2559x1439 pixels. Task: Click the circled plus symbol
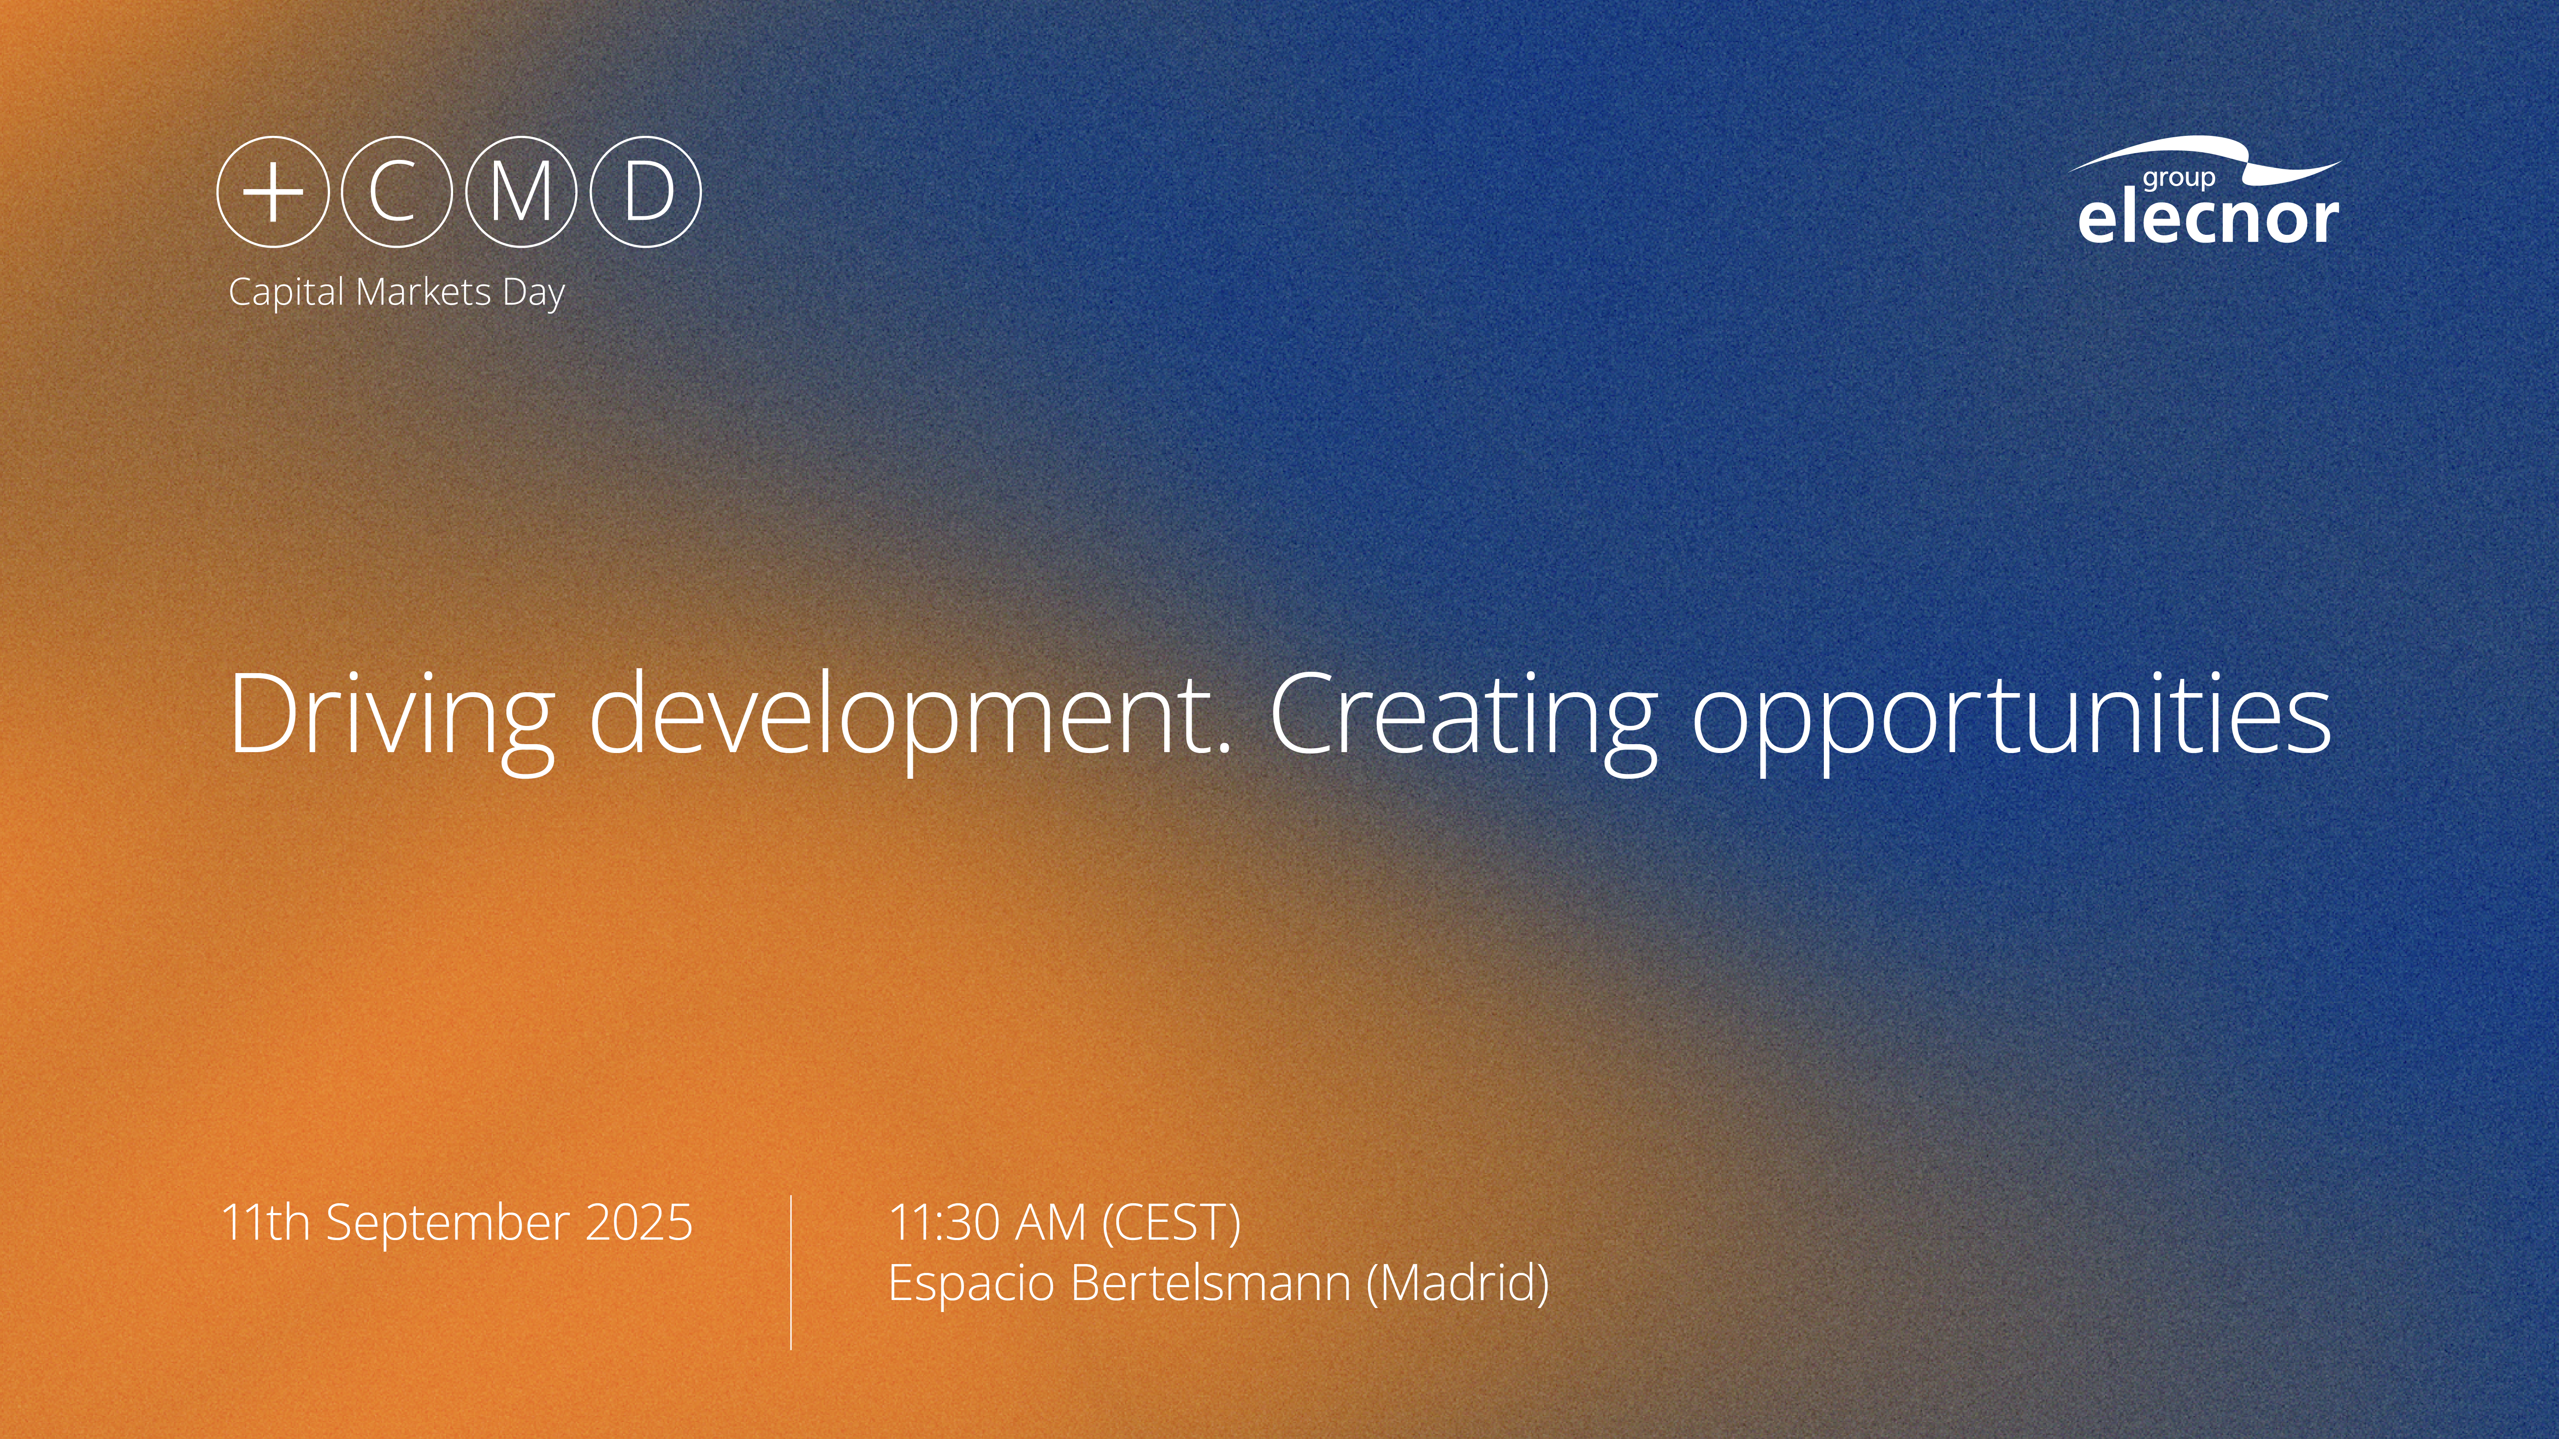click(x=272, y=192)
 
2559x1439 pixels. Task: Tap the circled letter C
click(x=396, y=192)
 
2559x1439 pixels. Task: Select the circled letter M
click(x=521, y=192)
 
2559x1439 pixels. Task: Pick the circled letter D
click(x=646, y=192)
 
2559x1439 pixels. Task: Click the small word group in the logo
click(x=2178, y=179)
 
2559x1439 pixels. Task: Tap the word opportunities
click(x=2012, y=720)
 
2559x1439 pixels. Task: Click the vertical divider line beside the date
click(x=791, y=1272)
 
